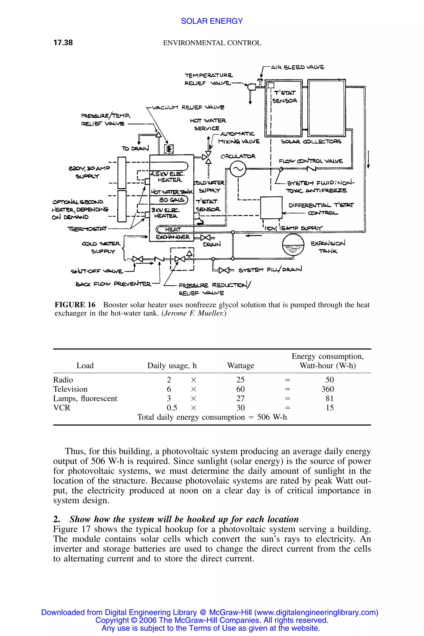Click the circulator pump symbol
(x=238, y=170)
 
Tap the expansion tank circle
(x=293, y=245)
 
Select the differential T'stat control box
(x=271, y=207)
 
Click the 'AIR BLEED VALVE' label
(x=298, y=67)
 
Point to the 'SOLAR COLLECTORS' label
(x=311, y=142)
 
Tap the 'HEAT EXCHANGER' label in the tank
(x=173, y=233)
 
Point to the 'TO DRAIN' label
(x=135, y=148)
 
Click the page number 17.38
(x=63, y=43)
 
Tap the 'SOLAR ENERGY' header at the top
(x=212, y=21)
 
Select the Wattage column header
(x=240, y=366)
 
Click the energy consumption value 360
(x=328, y=389)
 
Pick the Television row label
(x=70, y=389)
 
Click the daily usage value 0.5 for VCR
(x=172, y=408)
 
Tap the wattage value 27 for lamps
(x=240, y=399)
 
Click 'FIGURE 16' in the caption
(x=75, y=305)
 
